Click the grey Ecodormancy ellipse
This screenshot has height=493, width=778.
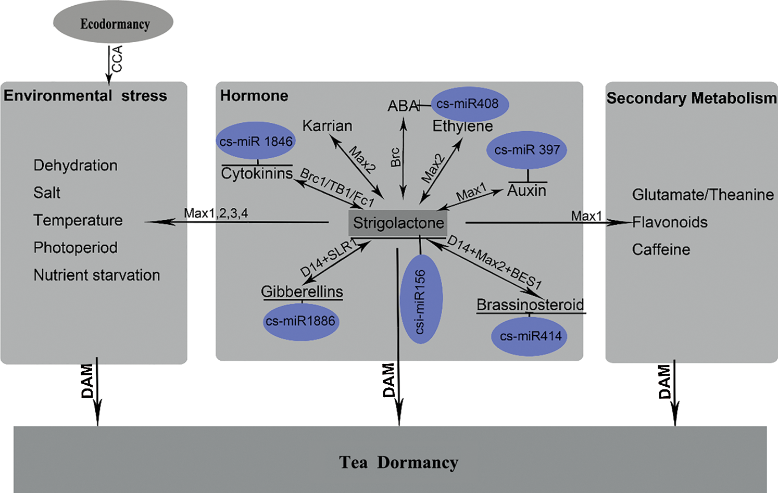(114, 23)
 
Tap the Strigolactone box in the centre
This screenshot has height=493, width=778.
(398, 223)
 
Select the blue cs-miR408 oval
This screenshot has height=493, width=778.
(469, 104)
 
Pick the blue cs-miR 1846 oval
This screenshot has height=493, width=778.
(256, 141)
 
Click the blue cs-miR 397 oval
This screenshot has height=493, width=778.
(527, 150)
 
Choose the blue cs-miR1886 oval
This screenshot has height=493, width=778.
(300, 321)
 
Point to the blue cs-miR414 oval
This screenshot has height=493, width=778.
(530, 336)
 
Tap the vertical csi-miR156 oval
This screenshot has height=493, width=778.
(421, 299)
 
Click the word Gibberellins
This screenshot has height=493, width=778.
(302, 292)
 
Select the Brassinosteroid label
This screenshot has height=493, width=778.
(530, 305)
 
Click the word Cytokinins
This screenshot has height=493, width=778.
(257, 173)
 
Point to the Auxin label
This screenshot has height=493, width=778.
(526, 191)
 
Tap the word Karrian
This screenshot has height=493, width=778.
(327, 126)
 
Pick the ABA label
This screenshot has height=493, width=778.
(403, 106)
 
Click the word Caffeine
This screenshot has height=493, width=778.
(661, 250)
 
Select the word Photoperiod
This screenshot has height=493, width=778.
(76, 247)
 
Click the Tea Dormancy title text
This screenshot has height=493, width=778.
(398, 462)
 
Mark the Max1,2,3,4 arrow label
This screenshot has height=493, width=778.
(216, 213)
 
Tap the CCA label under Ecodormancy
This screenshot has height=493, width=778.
(118, 59)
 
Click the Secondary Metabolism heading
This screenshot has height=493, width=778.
(691, 98)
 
